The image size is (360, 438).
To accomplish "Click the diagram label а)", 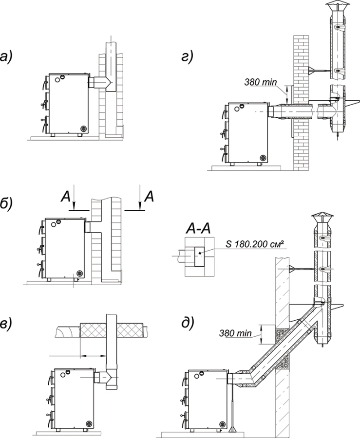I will pyautogui.click(x=10, y=58).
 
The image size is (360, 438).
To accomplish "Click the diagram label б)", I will pyautogui.click(x=10, y=204).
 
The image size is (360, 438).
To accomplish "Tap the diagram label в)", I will pyautogui.click(x=10, y=324).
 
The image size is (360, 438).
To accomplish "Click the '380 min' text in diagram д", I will pyautogui.click(x=236, y=333).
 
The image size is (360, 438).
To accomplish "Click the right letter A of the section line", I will pyautogui.click(x=149, y=197).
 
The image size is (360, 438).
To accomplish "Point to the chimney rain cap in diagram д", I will pyautogui.click(x=322, y=219).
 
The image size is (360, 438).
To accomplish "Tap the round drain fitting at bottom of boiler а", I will pyautogui.click(x=83, y=128).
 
